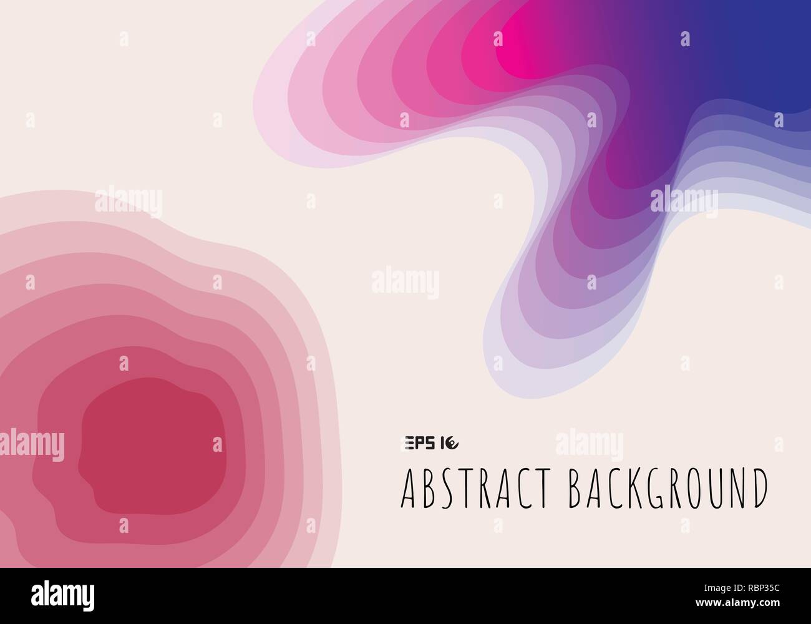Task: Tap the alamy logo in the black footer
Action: tap(63, 592)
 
